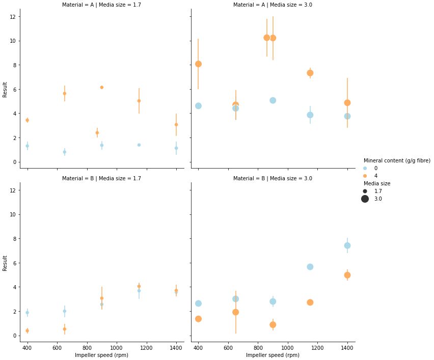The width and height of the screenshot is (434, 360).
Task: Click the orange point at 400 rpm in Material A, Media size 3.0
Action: [x=198, y=64]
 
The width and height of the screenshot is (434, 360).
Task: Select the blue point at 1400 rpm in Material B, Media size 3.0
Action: [x=347, y=245]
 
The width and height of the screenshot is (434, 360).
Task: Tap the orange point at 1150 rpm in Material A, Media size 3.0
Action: [x=310, y=73]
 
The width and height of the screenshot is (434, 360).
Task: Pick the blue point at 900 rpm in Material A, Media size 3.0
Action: [x=273, y=100]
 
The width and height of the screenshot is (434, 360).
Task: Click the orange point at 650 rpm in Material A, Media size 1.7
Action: [x=64, y=94]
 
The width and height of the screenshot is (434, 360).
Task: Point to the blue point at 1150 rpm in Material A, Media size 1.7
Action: [x=139, y=145]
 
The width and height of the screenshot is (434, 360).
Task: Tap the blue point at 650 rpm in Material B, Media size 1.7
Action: [x=64, y=311]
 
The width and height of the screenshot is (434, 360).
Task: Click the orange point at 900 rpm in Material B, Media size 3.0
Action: [x=273, y=325]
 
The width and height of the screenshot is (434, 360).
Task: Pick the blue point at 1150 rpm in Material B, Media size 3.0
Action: [x=310, y=267]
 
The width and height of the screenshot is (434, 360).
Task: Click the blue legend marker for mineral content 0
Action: [x=365, y=168]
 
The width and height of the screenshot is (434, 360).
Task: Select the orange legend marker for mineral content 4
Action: [x=365, y=176]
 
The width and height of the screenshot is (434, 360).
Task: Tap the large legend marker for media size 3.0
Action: [x=365, y=199]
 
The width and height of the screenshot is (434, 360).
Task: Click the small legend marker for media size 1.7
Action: [x=365, y=191]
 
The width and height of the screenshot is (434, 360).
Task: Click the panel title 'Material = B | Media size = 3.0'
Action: [x=273, y=179]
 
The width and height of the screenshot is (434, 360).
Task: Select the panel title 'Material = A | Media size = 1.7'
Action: [x=101, y=5]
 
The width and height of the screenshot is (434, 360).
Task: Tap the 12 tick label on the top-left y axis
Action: [x=17, y=17]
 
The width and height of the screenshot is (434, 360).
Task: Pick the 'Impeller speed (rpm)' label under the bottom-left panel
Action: [x=101, y=355]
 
